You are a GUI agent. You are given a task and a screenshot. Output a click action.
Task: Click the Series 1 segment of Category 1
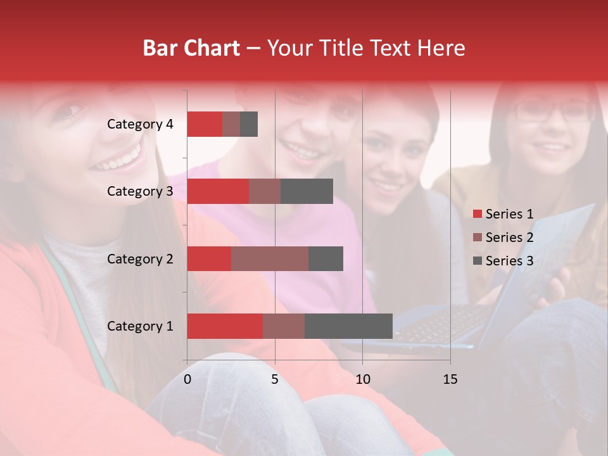[225, 326]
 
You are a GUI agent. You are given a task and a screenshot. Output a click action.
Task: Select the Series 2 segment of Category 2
[270, 258]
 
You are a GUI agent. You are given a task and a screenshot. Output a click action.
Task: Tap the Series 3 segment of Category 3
[307, 191]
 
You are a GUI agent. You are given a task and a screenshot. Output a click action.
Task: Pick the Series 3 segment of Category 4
[249, 124]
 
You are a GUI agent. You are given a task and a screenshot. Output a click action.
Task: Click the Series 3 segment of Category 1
[348, 326]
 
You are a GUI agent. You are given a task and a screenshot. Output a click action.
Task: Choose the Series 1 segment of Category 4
[205, 124]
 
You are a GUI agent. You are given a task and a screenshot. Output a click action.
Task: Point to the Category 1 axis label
[139, 326]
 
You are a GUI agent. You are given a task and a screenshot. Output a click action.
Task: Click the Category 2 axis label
[139, 258]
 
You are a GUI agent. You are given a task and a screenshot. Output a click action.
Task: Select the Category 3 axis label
[139, 191]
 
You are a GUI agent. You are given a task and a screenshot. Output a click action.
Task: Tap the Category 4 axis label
[139, 124]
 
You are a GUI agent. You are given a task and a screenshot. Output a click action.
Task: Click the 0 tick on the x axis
[187, 379]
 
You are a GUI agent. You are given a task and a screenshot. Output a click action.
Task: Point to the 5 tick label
[275, 379]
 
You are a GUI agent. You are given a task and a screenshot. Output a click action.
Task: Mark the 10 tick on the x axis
[362, 379]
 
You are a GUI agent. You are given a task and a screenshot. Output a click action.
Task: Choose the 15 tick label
[450, 379]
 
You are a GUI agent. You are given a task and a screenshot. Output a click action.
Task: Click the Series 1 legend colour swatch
[478, 214]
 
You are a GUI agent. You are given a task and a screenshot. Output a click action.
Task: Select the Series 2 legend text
[509, 237]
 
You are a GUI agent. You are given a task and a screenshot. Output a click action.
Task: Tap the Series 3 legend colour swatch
[478, 261]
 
